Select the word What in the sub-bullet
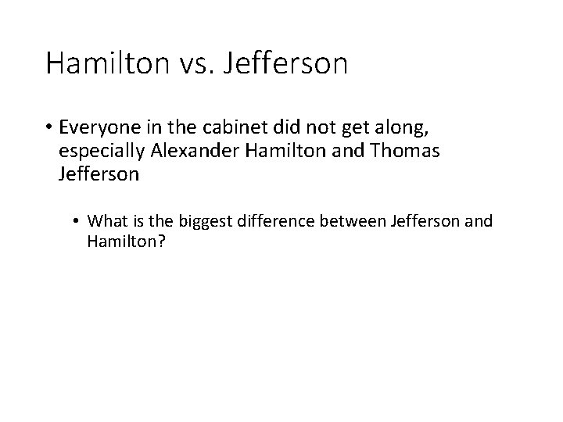pyautogui.click(x=106, y=221)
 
